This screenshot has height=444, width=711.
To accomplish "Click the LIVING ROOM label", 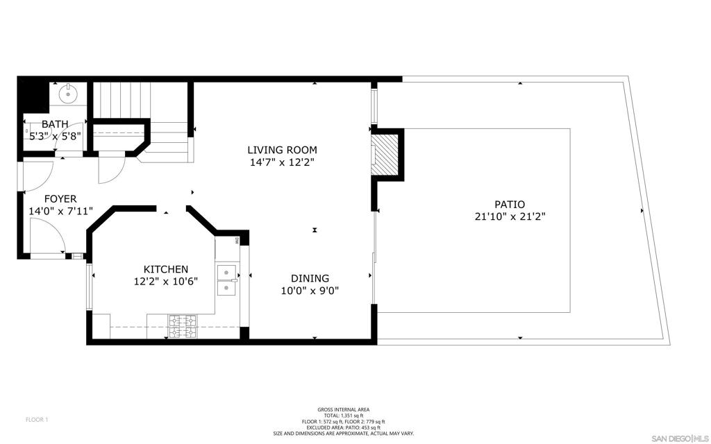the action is click(282, 150).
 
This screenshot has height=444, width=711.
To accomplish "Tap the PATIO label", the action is click(510, 205).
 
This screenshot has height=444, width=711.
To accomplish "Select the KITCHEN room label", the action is click(166, 270).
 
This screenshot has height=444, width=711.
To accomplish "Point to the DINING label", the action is click(310, 278).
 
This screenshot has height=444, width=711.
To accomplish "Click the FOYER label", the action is click(60, 199).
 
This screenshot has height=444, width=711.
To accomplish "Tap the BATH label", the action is click(55, 124).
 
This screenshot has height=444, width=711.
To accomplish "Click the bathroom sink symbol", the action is click(68, 94).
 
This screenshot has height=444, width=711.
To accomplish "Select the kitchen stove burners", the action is click(183, 327).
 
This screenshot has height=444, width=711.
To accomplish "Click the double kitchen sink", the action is click(228, 280).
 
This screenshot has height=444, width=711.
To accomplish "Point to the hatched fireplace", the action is click(385, 155).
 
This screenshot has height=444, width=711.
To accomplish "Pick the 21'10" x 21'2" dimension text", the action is click(510, 217).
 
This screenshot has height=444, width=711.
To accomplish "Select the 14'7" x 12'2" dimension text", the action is click(282, 162).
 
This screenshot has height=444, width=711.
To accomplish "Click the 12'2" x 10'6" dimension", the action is click(166, 282).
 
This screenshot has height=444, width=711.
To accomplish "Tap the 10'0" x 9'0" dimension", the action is click(310, 291).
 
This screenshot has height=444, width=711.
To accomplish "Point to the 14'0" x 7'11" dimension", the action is click(60, 211).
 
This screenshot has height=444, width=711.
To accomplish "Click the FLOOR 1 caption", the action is click(37, 420).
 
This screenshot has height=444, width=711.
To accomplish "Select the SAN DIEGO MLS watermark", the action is click(680, 438).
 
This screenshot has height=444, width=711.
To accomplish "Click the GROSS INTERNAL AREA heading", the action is click(343, 409).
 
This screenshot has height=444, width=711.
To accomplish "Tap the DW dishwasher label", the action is click(237, 240).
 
